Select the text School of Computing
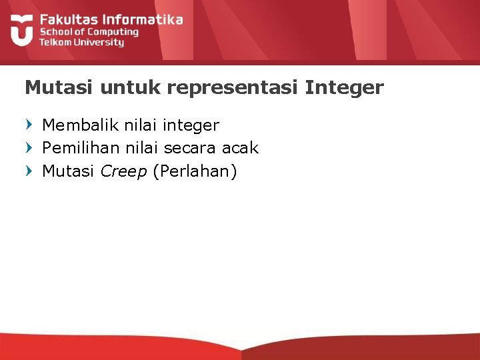coord(89,31)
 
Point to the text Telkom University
coord(81,42)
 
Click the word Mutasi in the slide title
coord(53,87)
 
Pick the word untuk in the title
coord(111,87)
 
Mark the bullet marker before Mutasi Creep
coord(28,171)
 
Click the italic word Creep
coord(124,172)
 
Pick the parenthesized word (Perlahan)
coord(195,172)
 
